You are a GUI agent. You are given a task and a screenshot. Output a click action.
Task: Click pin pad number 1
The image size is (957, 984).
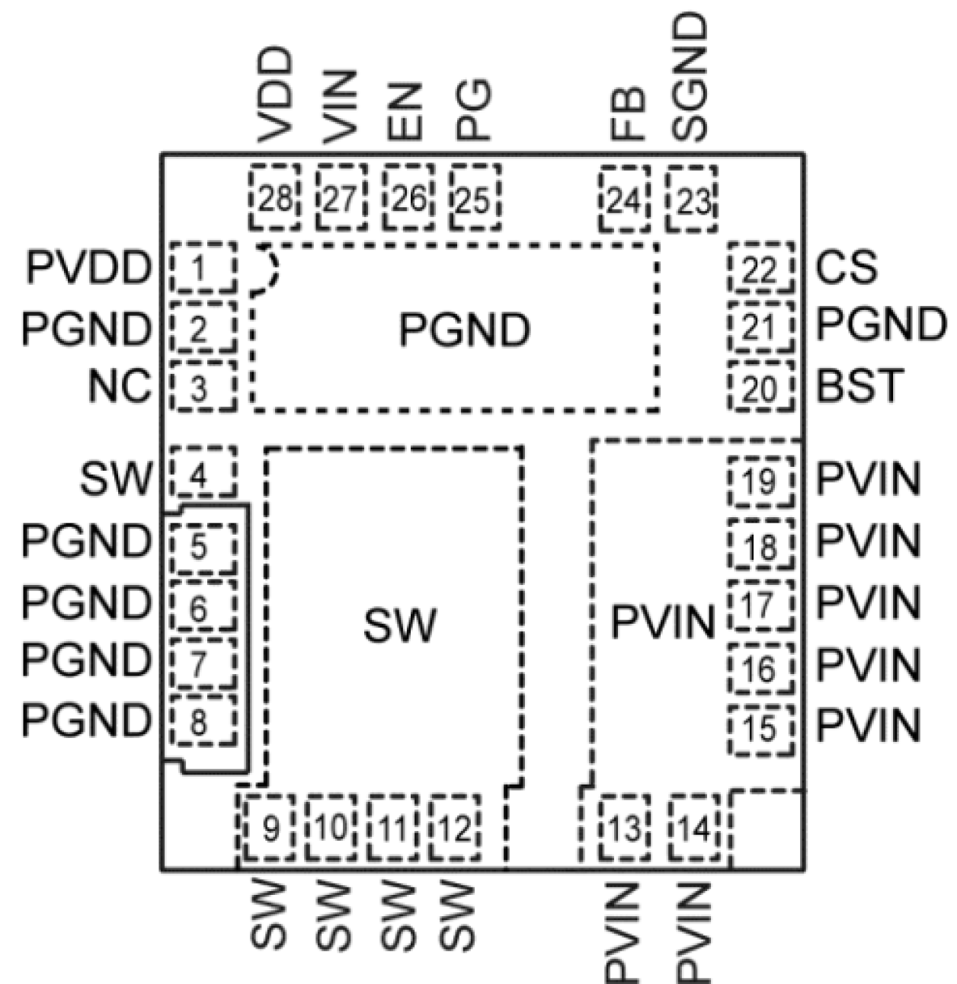[202, 267]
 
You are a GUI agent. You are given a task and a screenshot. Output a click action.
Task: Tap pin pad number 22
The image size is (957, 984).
[760, 269]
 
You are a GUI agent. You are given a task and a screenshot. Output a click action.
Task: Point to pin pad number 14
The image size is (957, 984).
[695, 827]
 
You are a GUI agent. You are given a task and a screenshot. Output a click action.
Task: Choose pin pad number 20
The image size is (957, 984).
[760, 388]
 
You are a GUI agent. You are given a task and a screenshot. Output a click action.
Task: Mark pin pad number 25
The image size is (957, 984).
[475, 199]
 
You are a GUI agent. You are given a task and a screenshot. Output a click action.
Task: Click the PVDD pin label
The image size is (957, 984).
[88, 268]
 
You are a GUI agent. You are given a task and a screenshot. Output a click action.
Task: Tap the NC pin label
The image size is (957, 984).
[120, 387]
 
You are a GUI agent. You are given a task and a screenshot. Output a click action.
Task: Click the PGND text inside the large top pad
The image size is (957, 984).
[464, 330]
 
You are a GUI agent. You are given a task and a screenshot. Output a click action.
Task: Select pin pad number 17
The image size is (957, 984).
[760, 606]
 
